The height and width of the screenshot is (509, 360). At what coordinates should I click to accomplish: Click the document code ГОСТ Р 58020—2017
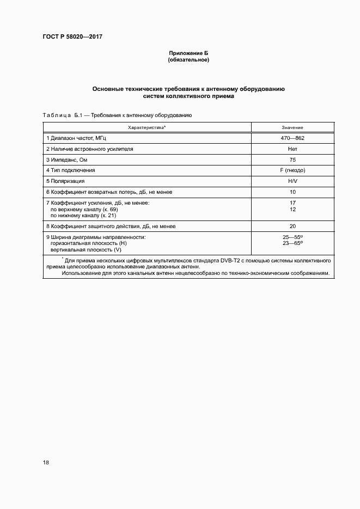coord(72,37)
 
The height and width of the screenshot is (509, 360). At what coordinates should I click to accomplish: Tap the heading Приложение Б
coord(188,53)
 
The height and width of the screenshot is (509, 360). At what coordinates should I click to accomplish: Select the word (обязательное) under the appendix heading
coord(188,60)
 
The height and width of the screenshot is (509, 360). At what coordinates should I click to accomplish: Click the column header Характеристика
coord(147,127)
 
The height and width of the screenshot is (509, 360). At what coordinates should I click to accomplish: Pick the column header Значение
coord(292,127)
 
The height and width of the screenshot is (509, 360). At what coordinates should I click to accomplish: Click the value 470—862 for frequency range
coord(292,138)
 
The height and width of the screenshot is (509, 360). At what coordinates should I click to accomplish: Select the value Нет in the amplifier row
coord(292,149)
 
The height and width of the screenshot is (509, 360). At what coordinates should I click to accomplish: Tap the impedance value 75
coord(292,160)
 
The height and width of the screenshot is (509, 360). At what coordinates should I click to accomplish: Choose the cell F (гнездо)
coord(292,170)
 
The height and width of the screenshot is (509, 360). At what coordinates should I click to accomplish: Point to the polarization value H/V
coord(292,181)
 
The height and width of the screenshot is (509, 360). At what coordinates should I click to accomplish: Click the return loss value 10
coord(292,192)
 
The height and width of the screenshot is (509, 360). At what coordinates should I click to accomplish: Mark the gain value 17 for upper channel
coord(292,203)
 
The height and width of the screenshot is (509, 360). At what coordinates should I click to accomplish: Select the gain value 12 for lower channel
coord(292,209)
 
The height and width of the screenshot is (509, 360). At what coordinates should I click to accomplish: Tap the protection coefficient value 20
coord(292,226)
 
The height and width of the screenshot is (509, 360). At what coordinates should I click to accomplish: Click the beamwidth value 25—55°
coord(292,237)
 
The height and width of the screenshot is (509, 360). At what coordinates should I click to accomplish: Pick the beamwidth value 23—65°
coord(292,243)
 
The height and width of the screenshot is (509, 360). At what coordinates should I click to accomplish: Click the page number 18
coord(46,462)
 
